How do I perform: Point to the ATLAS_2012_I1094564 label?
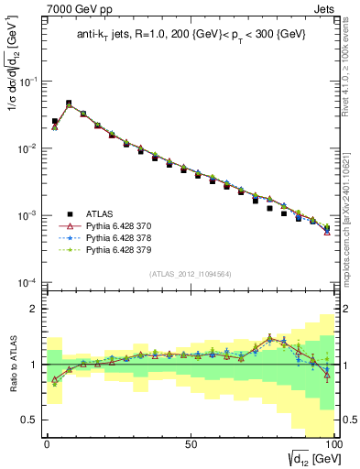click(190, 272)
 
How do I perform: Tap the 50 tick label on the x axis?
click(191, 442)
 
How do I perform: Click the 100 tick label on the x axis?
click(333, 442)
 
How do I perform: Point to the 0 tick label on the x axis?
click(47, 442)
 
